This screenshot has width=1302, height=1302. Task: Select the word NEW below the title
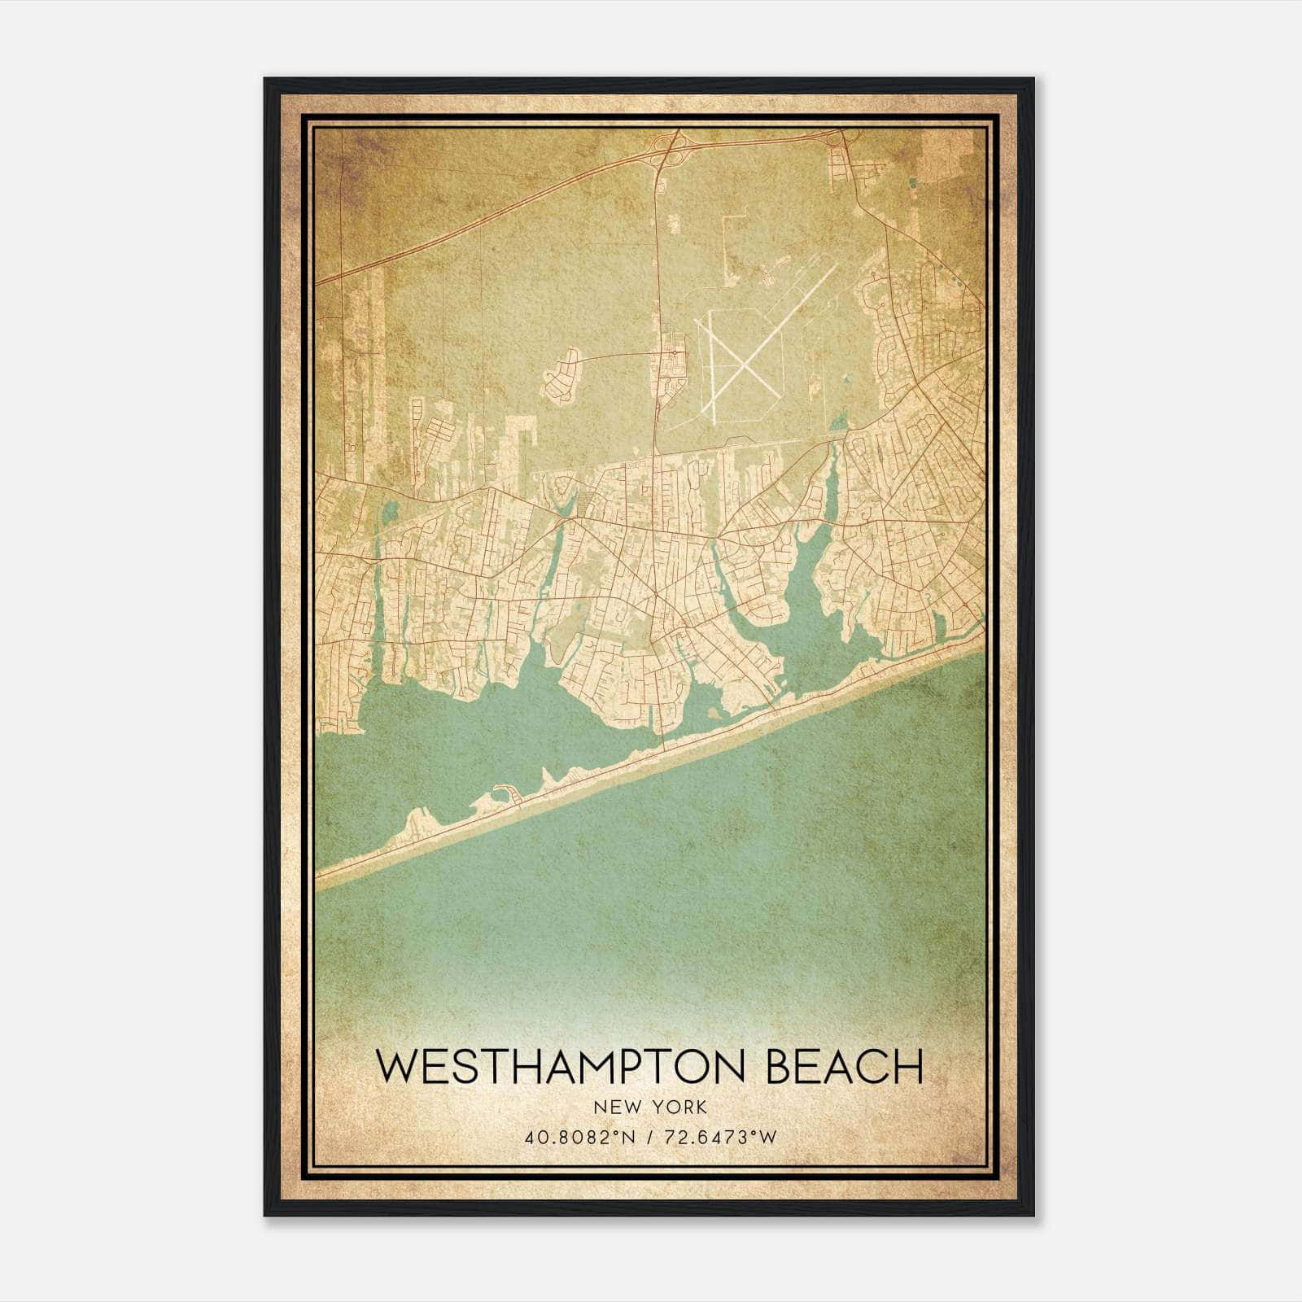[613, 1108]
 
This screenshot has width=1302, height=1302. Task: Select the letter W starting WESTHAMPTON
[394, 1066]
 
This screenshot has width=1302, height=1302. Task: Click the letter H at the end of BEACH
[908, 1066]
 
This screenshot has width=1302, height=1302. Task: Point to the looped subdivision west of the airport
[562, 378]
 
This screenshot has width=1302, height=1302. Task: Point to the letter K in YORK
[701, 1108]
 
